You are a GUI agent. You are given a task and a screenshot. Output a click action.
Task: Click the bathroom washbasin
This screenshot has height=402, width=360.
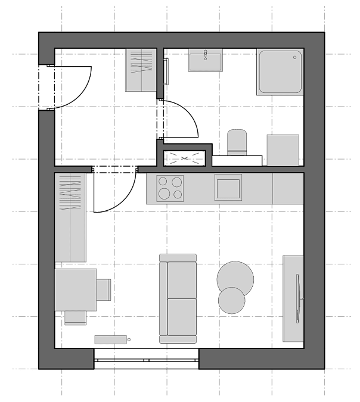click(206, 60)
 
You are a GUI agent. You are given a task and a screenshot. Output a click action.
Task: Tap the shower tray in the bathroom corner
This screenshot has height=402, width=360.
click(280, 72)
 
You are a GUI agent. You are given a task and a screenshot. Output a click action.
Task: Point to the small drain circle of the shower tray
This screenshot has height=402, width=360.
click(294, 57)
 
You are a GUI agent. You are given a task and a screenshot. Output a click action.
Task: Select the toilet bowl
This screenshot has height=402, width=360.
click(237, 143)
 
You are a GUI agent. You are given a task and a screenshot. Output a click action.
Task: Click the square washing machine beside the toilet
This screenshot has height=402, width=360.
click(283, 150)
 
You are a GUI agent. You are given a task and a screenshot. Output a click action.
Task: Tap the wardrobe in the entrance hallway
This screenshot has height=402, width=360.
click(141, 70)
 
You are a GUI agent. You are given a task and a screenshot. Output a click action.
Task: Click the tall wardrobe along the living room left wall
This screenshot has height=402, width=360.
click(70, 217)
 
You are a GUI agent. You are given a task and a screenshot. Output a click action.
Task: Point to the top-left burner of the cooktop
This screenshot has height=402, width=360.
click(163, 182)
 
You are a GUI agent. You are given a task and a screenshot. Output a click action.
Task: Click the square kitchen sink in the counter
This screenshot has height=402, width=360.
click(228, 188)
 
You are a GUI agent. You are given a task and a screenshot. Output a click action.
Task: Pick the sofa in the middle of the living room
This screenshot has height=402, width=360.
click(178, 298)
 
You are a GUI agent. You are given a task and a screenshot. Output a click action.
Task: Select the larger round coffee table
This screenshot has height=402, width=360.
click(235, 278)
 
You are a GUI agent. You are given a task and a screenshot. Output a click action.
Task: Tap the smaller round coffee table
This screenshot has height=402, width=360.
click(231, 300)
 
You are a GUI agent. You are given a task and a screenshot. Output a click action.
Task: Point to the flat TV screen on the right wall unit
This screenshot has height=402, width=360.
click(298, 298)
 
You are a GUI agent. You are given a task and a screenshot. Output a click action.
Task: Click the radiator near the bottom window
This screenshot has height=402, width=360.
click(111, 339)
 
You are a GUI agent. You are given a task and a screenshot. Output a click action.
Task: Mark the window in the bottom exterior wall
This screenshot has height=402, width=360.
click(146, 359)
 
